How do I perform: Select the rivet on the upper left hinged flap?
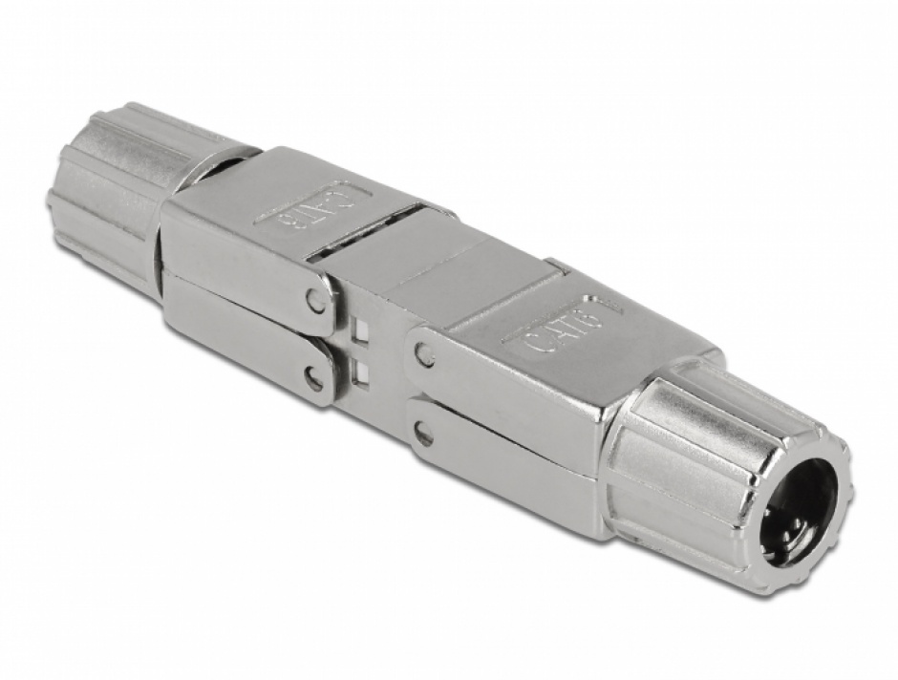coord(315,301)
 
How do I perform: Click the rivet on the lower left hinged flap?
coord(313,381)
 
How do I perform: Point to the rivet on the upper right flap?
coord(424,356)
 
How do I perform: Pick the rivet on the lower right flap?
coord(423,436)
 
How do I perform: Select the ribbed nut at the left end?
coord(105,196)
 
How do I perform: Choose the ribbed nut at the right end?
coord(726,468)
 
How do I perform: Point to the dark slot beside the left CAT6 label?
coord(353,244)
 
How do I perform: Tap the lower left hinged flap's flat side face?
coord(239,329)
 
